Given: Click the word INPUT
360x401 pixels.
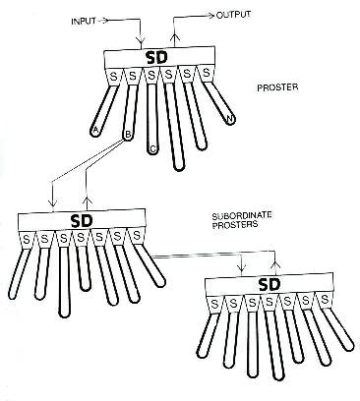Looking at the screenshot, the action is tap(84, 22).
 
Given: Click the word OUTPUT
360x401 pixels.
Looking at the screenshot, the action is tap(234, 15).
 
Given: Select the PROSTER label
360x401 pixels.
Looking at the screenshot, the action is tap(277, 87).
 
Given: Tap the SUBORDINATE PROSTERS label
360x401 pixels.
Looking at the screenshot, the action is tap(242, 220).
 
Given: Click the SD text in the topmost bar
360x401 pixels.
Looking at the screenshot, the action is tap(156, 58).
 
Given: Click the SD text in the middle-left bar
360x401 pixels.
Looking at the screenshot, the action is tap(82, 222).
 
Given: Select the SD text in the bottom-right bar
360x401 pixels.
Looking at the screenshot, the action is tap(270, 285).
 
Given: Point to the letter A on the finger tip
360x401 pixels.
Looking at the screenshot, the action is tap(95, 131).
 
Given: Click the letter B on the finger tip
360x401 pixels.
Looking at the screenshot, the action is tap(128, 135).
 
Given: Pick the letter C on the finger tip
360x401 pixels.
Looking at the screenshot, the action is tap(152, 149).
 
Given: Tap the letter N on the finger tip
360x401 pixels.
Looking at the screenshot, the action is tap(230, 120).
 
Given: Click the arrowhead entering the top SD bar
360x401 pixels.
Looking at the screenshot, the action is tap(141, 43).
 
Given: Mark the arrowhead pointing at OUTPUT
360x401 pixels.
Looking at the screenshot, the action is tap(210, 15).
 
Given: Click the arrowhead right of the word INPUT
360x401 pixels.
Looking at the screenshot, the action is tap(104, 21).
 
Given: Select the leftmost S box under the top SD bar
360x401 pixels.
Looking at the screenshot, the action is tap(113, 78).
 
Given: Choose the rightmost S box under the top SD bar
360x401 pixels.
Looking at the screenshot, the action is tap(206, 74).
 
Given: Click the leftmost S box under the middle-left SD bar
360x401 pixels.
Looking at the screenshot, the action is tap(26, 240).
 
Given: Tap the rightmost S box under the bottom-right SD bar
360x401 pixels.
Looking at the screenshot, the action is tap(325, 300).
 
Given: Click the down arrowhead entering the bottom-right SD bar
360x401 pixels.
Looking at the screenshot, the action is tap(242, 269).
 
